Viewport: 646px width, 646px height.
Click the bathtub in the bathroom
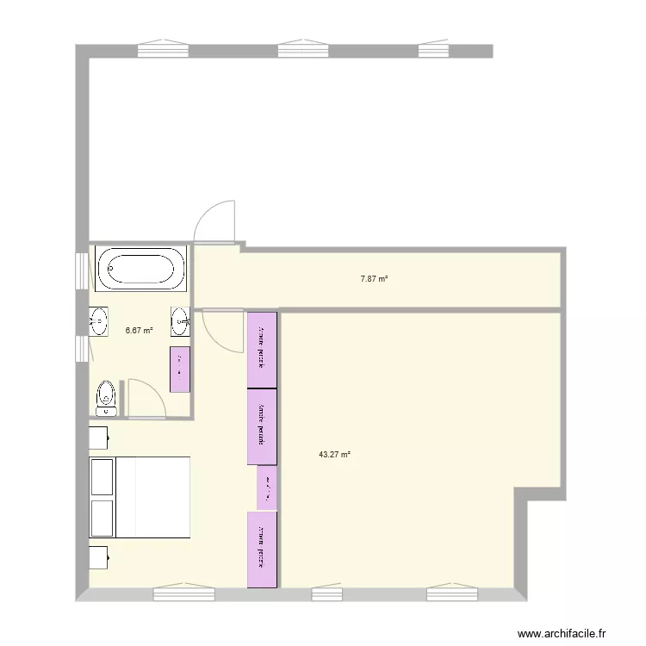[x=141, y=268]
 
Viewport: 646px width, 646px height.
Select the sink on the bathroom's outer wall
[x=99, y=320]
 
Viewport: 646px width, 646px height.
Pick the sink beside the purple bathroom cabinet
[x=181, y=321]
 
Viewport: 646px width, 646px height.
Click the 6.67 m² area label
[x=140, y=330]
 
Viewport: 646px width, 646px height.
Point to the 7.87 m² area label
[x=374, y=278]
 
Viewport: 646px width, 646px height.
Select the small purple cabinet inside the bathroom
[x=180, y=370]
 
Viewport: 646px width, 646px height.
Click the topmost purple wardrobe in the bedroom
[x=262, y=350]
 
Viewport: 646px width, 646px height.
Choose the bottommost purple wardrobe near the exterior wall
[x=262, y=550]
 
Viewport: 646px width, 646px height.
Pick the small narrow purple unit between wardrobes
[x=267, y=488]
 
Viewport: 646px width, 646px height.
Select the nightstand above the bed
[x=98, y=437]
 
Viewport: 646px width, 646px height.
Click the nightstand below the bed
[x=98, y=558]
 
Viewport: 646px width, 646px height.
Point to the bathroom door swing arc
[x=143, y=396]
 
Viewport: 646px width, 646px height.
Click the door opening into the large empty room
[x=215, y=222]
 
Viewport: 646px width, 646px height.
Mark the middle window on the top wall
[x=306, y=49]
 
